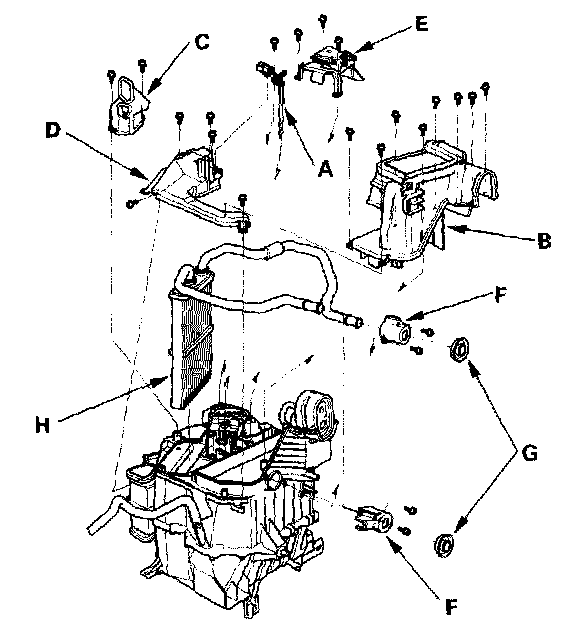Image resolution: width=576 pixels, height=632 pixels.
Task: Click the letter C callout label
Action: (202, 42)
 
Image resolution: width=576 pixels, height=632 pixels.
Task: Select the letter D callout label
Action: (53, 131)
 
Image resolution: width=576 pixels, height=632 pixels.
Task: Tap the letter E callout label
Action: (421, 24)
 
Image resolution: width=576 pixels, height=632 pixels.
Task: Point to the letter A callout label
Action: (325, 168)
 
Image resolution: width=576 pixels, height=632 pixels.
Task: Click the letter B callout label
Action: (544, 241)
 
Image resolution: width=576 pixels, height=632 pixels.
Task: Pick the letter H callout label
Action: (43, 425)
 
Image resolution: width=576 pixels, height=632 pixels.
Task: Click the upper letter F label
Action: (500, 295)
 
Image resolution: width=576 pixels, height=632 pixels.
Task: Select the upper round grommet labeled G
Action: (460, 350)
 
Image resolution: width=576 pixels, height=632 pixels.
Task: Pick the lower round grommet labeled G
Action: (444, 545)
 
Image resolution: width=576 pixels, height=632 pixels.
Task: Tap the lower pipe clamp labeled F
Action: (373, 520)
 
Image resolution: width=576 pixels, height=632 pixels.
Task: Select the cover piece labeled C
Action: (128, 106)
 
